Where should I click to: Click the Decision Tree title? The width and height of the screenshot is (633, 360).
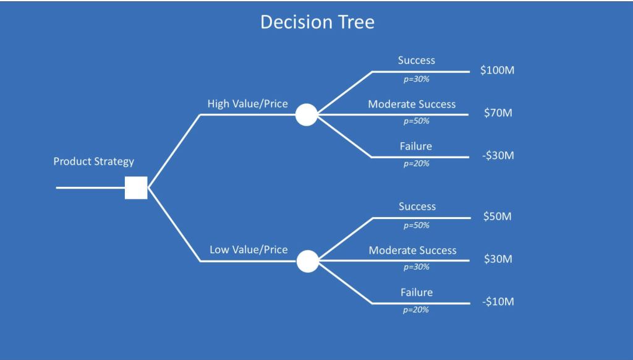(317, 22)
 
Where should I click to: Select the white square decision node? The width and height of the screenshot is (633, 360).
(136, 187)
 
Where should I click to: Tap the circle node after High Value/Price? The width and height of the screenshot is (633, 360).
(307, 115)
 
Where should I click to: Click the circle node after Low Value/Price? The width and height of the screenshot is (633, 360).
(308, 261)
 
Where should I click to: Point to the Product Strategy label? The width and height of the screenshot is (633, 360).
(94, 161)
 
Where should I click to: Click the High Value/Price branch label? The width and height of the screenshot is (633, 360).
(247, 104)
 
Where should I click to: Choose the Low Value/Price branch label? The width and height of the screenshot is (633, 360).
(249, 250)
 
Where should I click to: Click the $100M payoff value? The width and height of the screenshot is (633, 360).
(498, 71)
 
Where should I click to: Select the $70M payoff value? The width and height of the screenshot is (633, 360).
(498, 113)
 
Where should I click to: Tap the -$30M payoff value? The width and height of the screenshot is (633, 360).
(498, 155)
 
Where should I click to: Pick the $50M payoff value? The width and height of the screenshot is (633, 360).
(498, 216)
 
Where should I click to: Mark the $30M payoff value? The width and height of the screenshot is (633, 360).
(498, 259)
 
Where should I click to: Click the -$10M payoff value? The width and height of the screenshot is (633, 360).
(498, 302)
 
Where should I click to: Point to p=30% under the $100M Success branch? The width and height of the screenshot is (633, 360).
(417, 79)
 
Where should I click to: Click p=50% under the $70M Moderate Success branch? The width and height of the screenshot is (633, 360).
(417, 121)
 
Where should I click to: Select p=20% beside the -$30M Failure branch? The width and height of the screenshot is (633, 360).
(417, 164)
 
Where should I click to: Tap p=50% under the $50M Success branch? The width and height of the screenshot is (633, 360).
(417, 225)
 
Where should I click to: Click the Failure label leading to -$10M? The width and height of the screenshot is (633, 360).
(417, 293)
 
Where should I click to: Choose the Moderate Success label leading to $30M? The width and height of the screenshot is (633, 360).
(412, 251)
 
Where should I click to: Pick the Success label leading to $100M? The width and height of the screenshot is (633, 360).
(417, 61)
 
